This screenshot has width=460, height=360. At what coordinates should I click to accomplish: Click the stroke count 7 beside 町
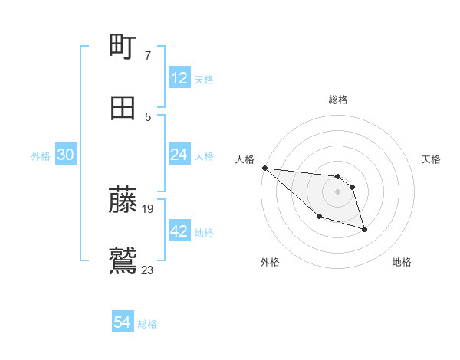[148, 56]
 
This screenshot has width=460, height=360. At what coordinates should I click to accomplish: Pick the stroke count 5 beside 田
[148, 117]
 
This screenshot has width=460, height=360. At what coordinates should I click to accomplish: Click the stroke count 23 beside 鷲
[148, 270]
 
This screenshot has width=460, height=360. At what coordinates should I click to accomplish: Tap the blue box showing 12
[179, 78]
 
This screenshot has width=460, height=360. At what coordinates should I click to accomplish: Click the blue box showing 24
[179, 155]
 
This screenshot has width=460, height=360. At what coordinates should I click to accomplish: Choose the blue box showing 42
[179, 231]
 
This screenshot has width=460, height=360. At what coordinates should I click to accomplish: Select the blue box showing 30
[65, 155]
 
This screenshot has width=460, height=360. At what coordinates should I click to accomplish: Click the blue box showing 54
[122, 323]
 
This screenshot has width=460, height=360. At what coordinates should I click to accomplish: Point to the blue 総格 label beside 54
[147, 324]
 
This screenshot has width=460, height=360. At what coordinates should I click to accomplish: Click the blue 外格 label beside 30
[41, 156]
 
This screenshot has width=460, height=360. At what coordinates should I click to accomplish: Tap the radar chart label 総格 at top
[337, 100]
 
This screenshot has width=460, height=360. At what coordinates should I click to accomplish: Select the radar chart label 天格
[432, 159]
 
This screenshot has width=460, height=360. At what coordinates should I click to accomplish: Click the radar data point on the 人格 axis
[264, 168]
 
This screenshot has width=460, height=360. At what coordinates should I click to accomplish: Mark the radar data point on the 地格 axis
[364, 229]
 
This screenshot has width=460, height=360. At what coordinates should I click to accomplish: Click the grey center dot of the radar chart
[337, 191]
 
